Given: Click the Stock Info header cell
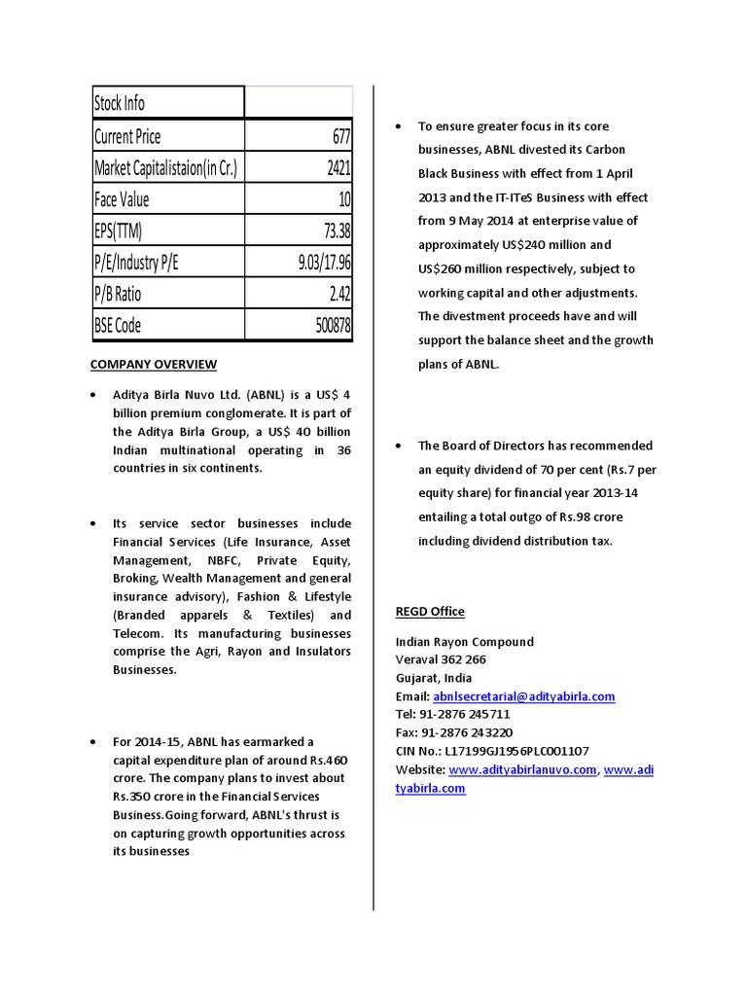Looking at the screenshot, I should [120, 103].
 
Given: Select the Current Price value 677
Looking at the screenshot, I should [340, 136].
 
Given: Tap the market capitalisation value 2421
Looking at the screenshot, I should [338, 168].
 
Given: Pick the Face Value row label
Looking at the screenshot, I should [122, 200].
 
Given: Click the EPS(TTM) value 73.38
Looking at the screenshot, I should [332, 231].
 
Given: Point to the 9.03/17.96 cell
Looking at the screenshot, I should [324, 263].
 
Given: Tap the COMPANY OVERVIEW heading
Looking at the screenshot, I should [154, 365].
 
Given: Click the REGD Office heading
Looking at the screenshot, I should [430, 612].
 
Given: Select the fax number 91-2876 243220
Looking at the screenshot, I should [465, 733].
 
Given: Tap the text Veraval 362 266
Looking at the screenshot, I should [441, 660].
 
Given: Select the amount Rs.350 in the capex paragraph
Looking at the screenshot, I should [135, 798].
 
